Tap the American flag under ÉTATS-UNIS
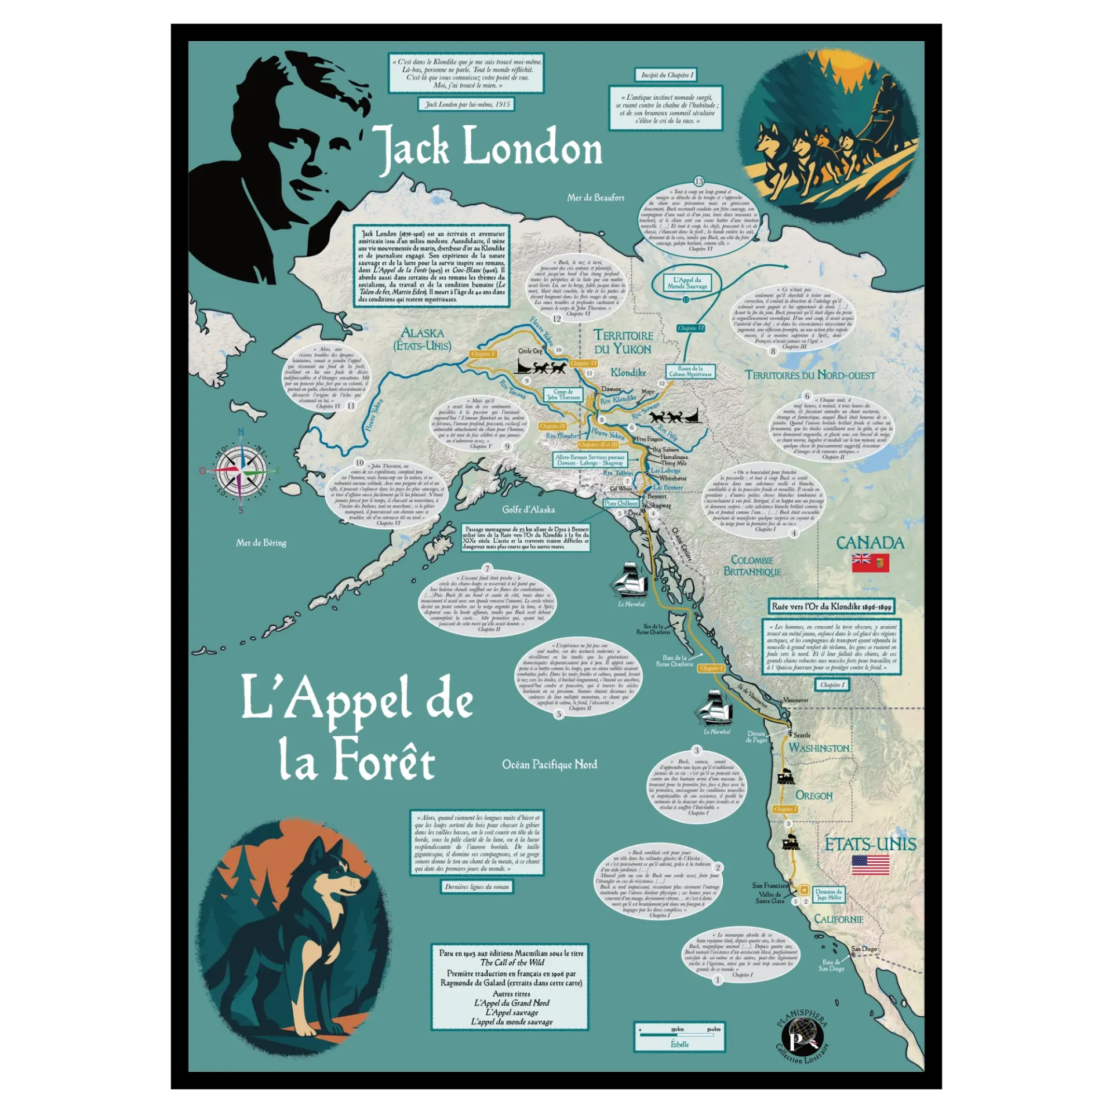pos(870,865)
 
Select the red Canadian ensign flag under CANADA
pos(870,562)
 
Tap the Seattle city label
pos(802,735)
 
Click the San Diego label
pos(864,949)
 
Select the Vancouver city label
pos(796,700)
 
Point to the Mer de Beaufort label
pos(595,198)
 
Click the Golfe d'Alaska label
pos(528,510)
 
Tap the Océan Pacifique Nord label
pos(550,765)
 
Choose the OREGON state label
pos(814,795)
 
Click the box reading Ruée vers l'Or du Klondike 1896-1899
pos(831,606)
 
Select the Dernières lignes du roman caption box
pos(477,886)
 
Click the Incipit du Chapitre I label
pos(667,75)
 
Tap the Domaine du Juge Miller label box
pos(828,894)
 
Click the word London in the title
pos(532,147)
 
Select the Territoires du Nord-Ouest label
pos(810,375)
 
